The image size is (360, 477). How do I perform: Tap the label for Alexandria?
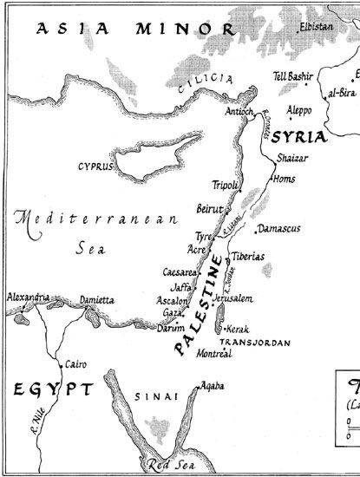pyautogui.click(x=27, y=297)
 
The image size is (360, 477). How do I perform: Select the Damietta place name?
pyautogui.click(x=96, y=300)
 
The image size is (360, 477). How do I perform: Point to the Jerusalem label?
pyautogui.click(x=232, y=298)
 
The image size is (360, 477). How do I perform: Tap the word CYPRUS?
pyautogui.click(x=95, y=166)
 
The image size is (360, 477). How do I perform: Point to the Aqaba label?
pyautogui.click(x=213, y=384)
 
